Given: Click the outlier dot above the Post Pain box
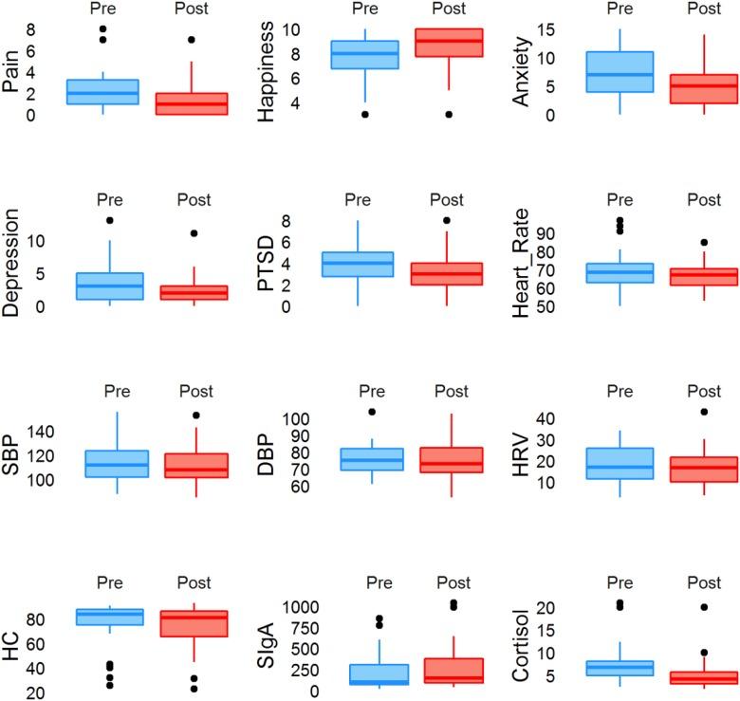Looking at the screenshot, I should (x=191, y=40).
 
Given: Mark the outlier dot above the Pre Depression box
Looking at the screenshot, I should (x=109, y=220).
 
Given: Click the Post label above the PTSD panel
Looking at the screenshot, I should (x=447, y=200).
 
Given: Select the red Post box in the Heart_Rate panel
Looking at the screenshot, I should (x=703, y=276).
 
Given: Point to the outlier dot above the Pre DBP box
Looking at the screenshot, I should (x=372, y=412).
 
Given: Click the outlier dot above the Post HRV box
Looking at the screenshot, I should (x=703, y=412).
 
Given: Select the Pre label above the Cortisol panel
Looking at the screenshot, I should (x=620, y=582).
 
